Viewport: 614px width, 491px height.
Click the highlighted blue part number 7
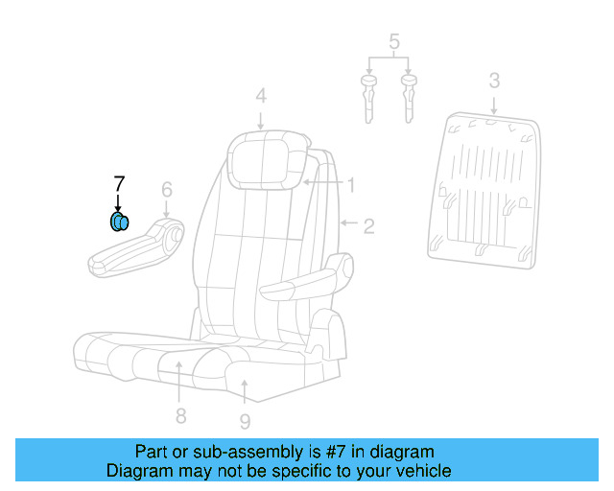point(119,223)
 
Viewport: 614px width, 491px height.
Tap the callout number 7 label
point(119,182)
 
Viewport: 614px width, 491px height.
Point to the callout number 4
point(261,95)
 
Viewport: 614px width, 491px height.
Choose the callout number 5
point(392,41)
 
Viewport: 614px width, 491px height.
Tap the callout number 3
point(493,81)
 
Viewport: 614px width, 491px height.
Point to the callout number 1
point(351,184)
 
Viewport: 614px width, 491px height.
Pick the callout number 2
point(367,226)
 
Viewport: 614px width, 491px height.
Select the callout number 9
point(245,420)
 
